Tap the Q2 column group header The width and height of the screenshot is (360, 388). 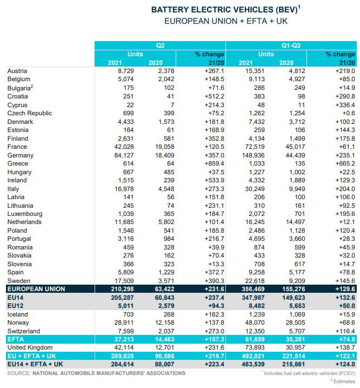pyautogui.click(x=160, y=45)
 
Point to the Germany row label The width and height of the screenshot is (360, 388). pyautogui.click(x=21, y=155)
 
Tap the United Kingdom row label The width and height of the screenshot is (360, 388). pyautogui.click(x=30, y=347)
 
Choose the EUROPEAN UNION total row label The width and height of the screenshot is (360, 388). pyautogui.click(x=36, y=289)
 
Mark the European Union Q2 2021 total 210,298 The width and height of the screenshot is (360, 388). pyautogui.click(x=122, y=289)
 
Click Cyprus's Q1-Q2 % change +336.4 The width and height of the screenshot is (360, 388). pyautogui.click(x=343, y=105)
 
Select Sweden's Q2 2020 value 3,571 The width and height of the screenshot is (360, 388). pyautogui.click(x=160, y=281)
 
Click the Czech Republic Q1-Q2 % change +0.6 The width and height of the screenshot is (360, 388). pyautogui.click(x=347, y=113)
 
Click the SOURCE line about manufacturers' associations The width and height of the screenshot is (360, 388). pyautogui.click(x=96, y=373)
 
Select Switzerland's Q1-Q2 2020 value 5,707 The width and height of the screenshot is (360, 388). pyautogui.click(x=292, y=331)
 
